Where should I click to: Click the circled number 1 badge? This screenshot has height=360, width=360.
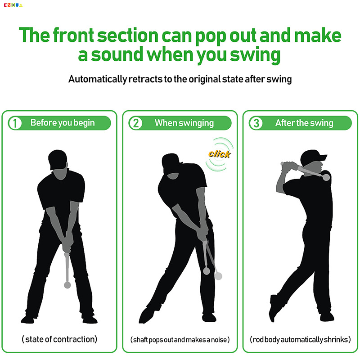coord(15,123)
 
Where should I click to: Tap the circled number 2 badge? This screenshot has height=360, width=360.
coord(136,123)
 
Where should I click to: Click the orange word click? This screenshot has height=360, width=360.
coord(219,154)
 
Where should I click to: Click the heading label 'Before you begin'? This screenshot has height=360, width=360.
coord(63,123)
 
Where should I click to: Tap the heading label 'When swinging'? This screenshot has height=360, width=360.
coord(184,123)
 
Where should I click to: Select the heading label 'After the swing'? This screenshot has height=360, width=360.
coord(304,123)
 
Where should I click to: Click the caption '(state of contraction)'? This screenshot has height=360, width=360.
coord(59,339)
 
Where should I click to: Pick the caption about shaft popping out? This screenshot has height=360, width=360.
coord(180,339)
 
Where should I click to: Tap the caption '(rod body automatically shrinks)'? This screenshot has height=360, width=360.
coord(300,339)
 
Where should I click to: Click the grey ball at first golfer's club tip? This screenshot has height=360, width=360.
coord(67,285)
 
